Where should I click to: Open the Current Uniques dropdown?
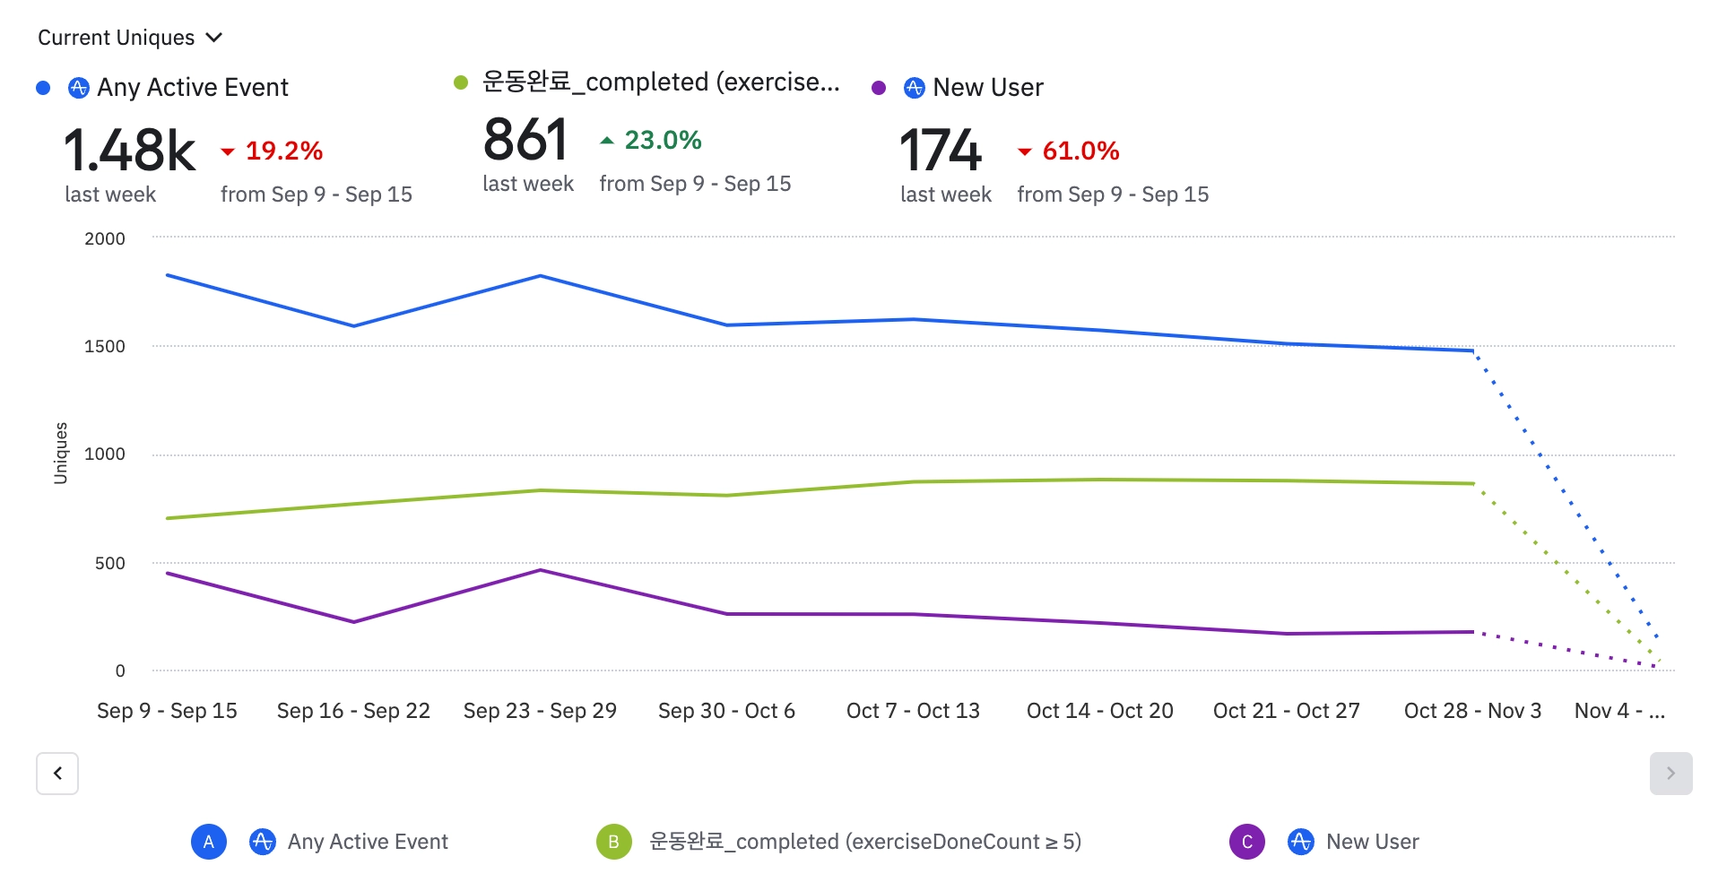[x=129, y=38]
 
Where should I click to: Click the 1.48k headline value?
[x=129, y=150]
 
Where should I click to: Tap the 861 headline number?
[x=525, y=140]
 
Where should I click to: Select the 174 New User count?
[x=941, y=150]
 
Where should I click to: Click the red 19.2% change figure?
[x=283, y=151]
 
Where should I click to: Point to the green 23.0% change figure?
[x=663, y=140]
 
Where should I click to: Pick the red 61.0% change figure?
[x=1080, y=151]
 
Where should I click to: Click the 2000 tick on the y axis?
[x=105, y=238]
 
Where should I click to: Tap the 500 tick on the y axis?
[x=109, y=563]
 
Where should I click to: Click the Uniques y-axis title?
[x=61, y=453]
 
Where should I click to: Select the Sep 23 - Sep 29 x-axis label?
[x=540, y=711]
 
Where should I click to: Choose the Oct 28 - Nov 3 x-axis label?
[x=1472, y=711]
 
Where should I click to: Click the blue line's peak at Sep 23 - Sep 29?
[x=540, y=276]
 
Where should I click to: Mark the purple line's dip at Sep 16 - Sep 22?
[x=354, y=622]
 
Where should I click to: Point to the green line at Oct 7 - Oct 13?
[x=913, y=482]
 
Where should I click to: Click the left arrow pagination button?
[x=57, y=773]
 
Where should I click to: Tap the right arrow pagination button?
[x=1670, y=773]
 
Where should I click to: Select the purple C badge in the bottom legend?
[x=1246, y=842]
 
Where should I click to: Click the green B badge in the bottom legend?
[x=613, y=842]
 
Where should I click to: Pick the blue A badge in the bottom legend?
[x=208, y=842]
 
